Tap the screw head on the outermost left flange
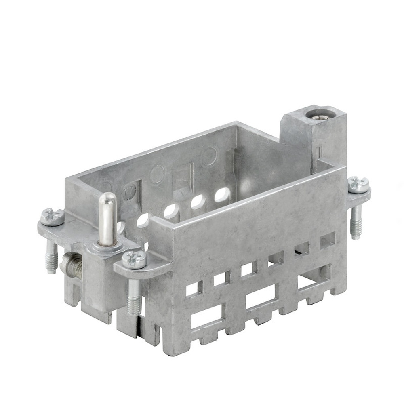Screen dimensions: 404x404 point(53,217)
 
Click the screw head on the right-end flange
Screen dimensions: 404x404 point(358,184)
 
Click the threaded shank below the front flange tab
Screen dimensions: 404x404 point(134,301)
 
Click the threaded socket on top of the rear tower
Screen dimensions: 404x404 point(317,114)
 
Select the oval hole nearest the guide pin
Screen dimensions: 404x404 point(142,220)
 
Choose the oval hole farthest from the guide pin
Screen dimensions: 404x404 point(222,195)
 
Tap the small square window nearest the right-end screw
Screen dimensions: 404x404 point(327,240)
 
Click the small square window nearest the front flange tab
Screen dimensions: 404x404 point(194,288)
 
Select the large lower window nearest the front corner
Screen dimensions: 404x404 point(206,316)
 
